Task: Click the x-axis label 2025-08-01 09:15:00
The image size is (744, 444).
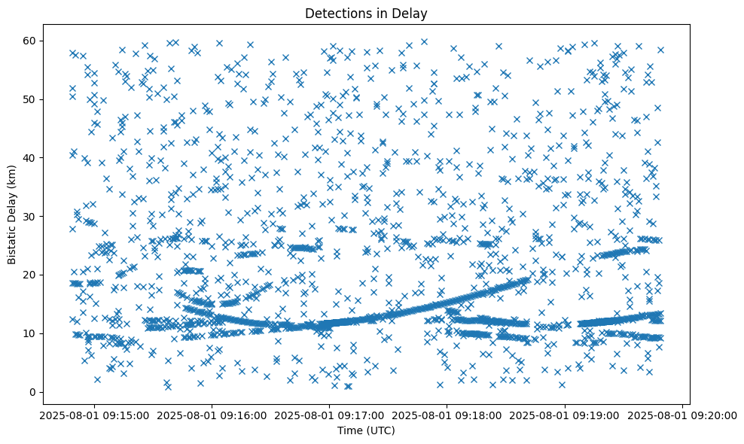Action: (x=94, y=415)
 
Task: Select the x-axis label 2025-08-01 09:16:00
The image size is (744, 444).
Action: (x=212, y=415)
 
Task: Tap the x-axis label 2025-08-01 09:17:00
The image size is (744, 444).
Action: (x=329, y=415)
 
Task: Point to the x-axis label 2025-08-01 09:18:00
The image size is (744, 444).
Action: (x=447, y=415)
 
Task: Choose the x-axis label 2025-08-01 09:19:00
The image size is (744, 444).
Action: (x=564, y=415)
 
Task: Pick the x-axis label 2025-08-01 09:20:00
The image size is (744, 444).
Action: (x=681, y=415)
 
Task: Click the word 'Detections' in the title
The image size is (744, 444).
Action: (x=335, y=13)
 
